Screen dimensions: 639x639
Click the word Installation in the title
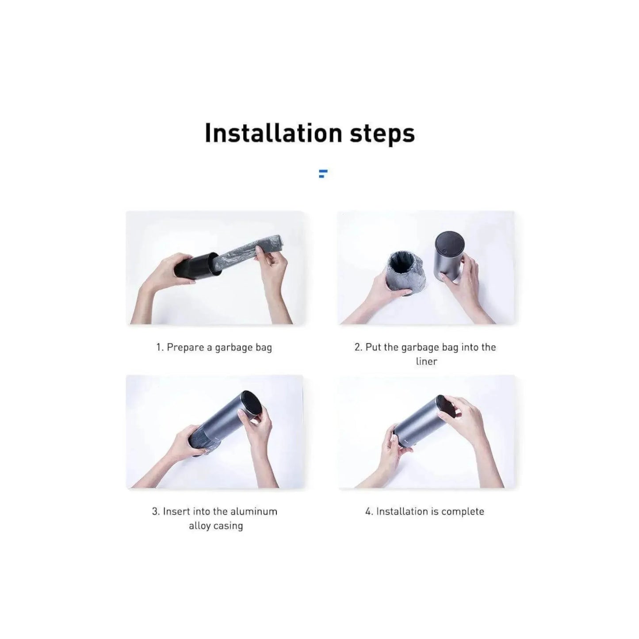(273, 133)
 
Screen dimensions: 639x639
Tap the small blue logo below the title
(323, 173)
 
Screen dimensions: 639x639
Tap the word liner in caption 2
(426, 361)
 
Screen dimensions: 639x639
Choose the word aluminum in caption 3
(254, 511)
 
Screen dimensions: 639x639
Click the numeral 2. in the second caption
(358, 348)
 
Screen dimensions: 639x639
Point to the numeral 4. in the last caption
(369, 512)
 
